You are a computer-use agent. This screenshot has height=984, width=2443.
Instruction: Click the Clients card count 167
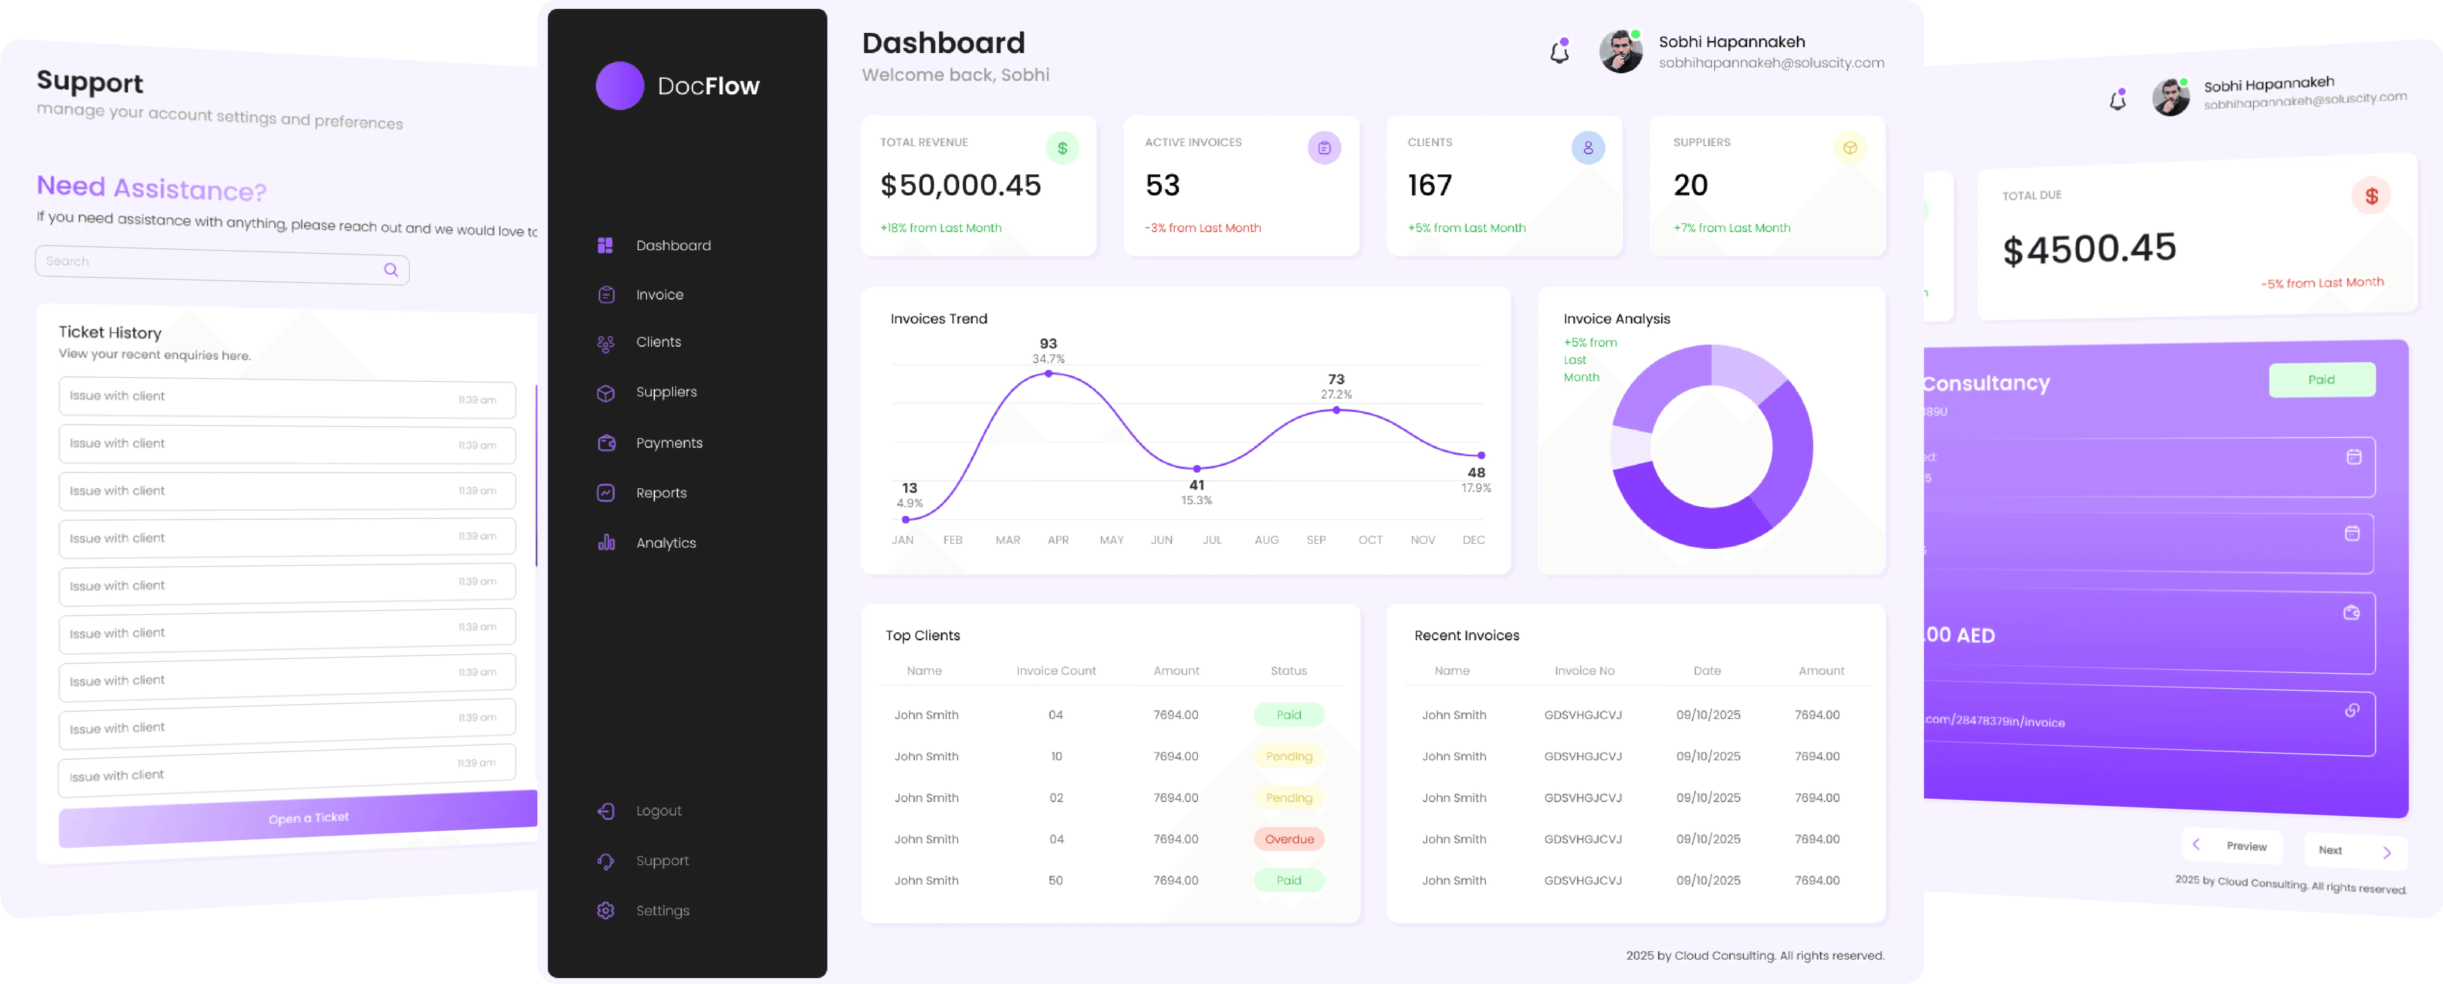(1429, 185)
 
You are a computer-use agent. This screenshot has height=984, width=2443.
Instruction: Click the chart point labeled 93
(1048, 374)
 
